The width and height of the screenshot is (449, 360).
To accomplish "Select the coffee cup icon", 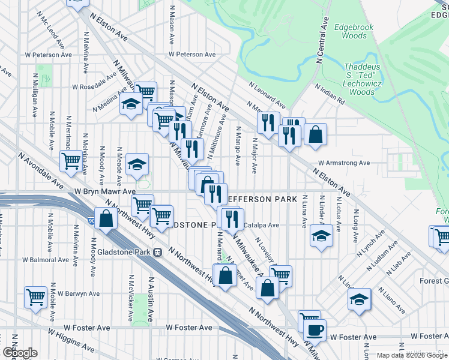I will [315, 330].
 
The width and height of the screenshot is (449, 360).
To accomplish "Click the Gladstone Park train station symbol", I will [157, 253].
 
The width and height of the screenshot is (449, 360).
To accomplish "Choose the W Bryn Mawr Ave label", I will [105, 191].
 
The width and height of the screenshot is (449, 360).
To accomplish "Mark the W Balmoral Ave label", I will [46, 260].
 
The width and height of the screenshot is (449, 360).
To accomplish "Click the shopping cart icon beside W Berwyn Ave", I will [36, 296].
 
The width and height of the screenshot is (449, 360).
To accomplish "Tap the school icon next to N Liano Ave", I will [360, 299].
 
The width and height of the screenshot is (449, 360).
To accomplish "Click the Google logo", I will [20, 353].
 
